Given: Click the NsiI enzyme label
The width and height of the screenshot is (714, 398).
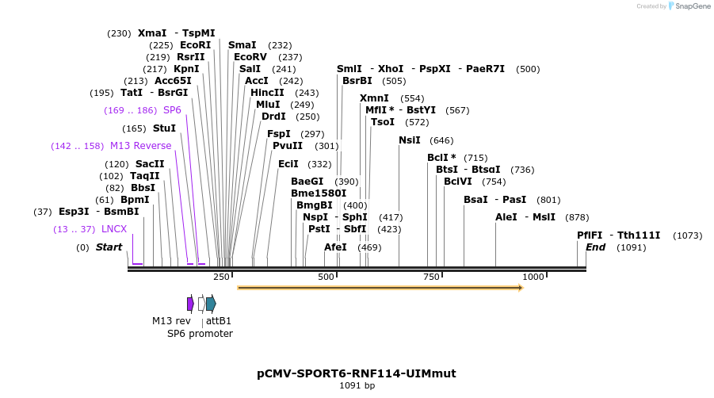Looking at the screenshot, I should (409, 140).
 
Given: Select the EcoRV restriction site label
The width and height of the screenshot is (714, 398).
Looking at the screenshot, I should (250, 57).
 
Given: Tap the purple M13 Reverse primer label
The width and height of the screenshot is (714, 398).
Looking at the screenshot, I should (140, 146).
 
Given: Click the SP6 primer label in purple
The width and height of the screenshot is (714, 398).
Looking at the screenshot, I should (172, 110).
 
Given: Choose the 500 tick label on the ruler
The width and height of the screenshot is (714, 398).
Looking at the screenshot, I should (326, 277).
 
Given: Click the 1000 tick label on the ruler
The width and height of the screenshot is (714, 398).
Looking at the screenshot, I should (533, 277).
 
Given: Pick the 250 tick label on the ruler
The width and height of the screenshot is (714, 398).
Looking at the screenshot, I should (221, 277).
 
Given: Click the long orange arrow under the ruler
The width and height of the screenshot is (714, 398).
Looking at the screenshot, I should (380, 288).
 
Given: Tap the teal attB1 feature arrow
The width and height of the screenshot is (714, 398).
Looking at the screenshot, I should (211, 304).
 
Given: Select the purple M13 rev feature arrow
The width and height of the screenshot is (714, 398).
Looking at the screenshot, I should (190, 304).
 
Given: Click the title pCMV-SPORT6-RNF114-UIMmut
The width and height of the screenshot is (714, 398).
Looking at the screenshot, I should (356, 373).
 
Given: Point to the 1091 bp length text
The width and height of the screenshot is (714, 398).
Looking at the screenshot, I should (357, 386).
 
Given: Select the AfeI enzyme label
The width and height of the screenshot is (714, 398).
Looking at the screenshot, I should (335, 247).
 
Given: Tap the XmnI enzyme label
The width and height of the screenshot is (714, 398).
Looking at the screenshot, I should (374, 98).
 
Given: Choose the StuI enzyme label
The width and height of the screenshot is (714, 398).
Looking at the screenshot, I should (164, 128).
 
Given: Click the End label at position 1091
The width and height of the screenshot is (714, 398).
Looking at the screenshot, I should (595, 247).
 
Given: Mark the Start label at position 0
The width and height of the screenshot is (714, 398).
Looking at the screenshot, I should (109, 247).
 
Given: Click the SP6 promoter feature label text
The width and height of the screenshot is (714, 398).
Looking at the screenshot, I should (200, 334).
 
